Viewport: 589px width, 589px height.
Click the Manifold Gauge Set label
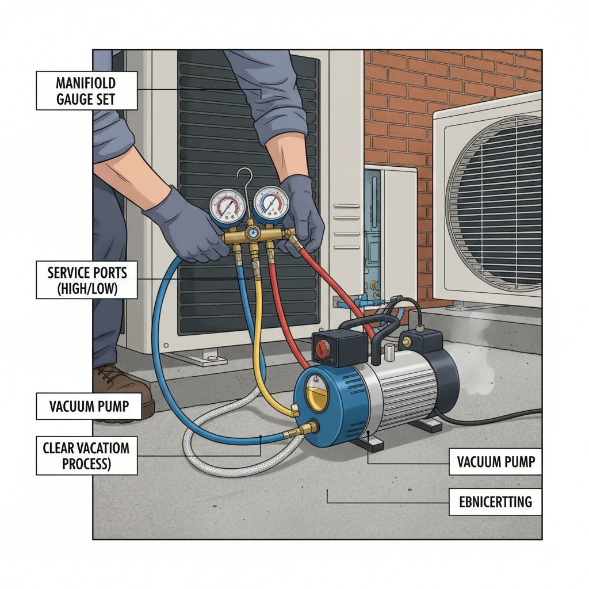86,90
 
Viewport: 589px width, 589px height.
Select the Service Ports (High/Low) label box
86,280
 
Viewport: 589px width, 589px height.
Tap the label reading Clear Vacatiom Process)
86,456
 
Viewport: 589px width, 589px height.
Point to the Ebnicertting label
495,502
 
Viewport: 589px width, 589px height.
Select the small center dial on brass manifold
253,234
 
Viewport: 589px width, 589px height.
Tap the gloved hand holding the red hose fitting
300,214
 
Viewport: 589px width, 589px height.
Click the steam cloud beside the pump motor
474,361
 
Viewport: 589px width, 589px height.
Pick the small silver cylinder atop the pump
389,354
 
